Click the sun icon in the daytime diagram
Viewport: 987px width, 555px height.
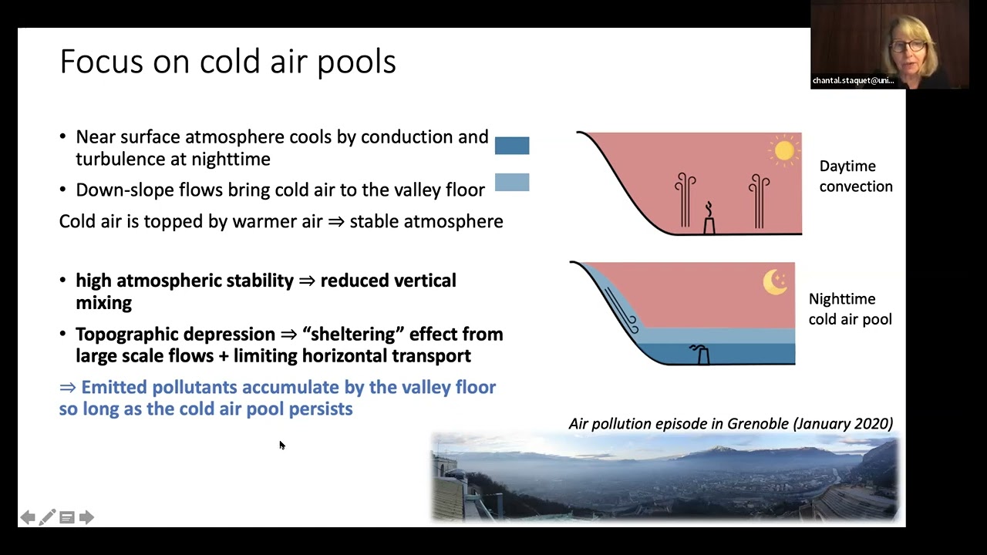point(784,151)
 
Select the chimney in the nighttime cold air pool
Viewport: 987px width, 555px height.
point(701,354)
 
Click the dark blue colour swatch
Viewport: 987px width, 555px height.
point(512,146)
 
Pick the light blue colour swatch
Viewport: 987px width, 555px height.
point(512,182)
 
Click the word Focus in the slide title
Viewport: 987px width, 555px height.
point(102,61)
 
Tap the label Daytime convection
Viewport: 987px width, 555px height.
point(856,177)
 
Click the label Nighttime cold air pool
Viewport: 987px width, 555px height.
point(850,309)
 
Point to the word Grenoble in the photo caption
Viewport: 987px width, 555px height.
point(758,423)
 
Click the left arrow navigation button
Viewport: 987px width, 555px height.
point(28,517)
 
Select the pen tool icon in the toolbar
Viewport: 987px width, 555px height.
point(47,517)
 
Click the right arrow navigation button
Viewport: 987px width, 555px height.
point(86,517)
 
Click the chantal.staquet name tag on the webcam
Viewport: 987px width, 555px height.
point(853,81)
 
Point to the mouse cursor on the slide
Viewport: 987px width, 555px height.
point(282,446)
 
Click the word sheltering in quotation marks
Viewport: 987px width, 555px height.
point(353,335)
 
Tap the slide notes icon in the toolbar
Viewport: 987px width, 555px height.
point(67,517)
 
